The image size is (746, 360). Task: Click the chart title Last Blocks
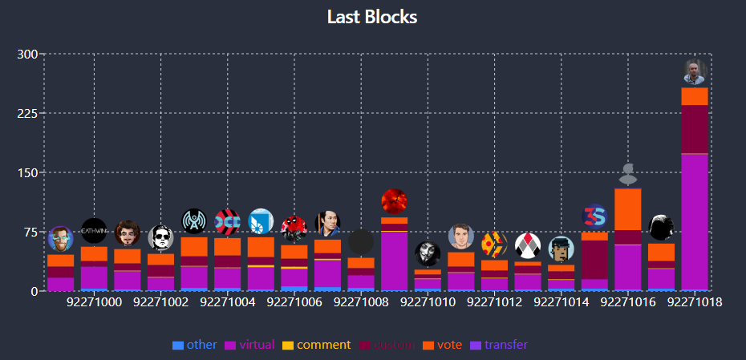tap(372, 17)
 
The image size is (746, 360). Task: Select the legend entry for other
tap(195, 345)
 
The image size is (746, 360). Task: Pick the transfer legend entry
tap(499, 345)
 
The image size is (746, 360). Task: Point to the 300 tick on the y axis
tap(27, 55)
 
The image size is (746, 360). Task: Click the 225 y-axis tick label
tap(27, 113)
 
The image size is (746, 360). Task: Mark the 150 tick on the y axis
tap(27, 172)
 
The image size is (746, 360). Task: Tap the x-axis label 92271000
tap(94, 302)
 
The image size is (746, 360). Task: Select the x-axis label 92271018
tap(695, 302)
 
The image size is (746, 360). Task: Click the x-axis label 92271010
tap(428, 302)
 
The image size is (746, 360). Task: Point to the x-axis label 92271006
tap(294, 302)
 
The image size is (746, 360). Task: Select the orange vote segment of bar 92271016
tap(628, 208)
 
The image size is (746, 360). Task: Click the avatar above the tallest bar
tap(695, 71)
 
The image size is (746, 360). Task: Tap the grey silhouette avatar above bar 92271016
tap(628, 172)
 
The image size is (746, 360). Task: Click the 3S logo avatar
tap(594, 216)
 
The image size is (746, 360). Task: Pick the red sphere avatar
tap(394, 201)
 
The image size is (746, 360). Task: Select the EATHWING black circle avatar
tap(94, 230)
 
